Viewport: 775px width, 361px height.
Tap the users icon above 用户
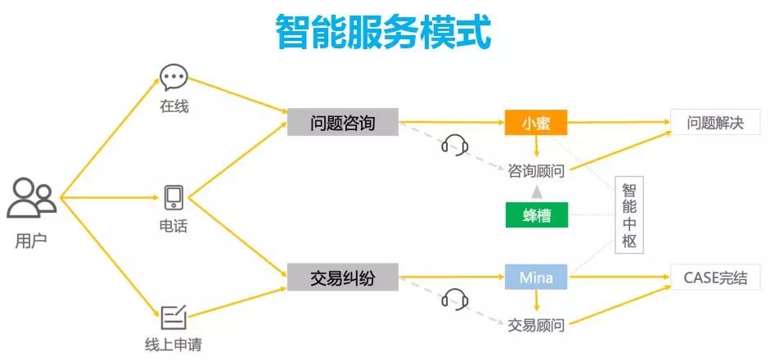point(32,198)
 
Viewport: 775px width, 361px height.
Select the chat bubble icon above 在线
point(173,78)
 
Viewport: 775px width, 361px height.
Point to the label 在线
point(173,106)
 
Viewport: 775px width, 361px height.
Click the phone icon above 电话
point(173,197)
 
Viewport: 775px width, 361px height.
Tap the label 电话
point(173,226)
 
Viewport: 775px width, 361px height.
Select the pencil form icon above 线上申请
point(173,316)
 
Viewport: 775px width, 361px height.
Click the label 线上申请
point(173,344)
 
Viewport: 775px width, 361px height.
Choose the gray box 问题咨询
point(343,123)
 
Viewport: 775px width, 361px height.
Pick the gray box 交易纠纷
point(343,278)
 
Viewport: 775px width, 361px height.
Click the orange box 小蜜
point(536,123)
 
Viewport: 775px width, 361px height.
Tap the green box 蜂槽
point(536,215)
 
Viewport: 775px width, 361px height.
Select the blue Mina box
point(536,278)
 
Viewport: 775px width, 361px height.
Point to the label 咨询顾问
point(536,170)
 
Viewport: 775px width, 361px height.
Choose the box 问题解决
point(716,123)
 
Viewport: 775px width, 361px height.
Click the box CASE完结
point(716,278)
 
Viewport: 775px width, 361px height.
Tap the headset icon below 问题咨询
point(455,146)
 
